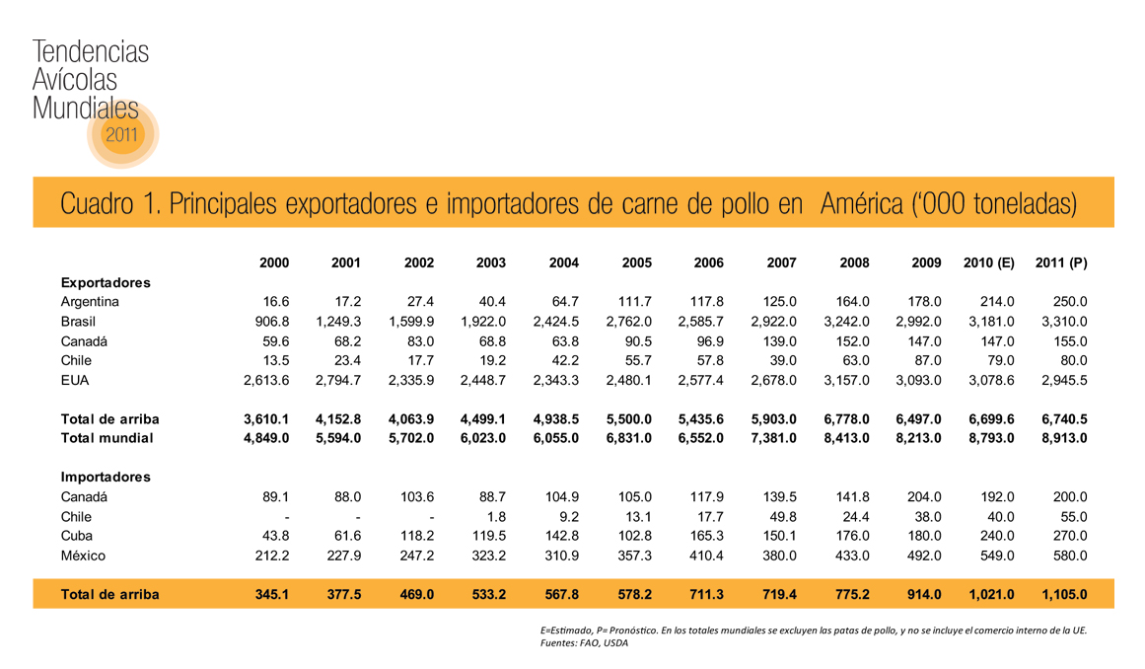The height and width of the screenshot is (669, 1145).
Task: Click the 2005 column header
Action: tap(636, 263)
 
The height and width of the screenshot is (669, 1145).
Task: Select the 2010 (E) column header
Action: tap(988, 263)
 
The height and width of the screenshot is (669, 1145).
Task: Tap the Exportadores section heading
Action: tap(106, 283)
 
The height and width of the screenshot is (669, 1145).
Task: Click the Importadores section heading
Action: tap(106, 478)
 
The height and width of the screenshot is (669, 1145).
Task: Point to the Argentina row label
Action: tap(90, 302)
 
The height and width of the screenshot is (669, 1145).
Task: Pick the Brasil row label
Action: tap(78, 322)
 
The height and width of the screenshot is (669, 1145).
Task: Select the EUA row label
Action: tap(75, 379)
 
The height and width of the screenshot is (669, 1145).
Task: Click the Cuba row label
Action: tap(77, 536)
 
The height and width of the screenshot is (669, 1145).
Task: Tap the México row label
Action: tap(83, 556)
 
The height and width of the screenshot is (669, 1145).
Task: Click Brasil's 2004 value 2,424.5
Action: tap(555, 322)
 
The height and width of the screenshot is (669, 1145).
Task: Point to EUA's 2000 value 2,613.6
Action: tap(266, 379)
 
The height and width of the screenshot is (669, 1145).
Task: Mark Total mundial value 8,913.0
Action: tap(1063, 438)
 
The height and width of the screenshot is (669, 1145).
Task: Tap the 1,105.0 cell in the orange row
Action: tap(1063, 595)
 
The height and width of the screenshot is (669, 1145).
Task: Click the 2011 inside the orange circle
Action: tap(122, 134)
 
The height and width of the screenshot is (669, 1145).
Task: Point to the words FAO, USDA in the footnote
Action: tap(601, 643)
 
